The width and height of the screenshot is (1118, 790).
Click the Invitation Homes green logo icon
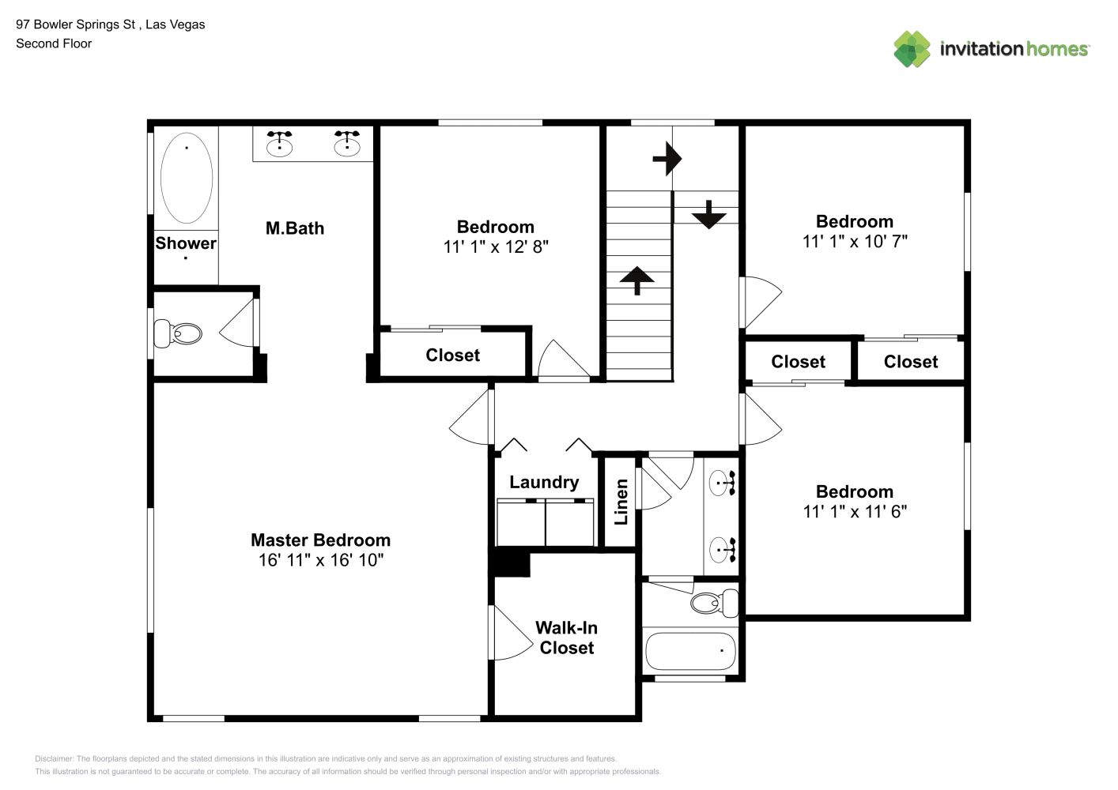coord(912,49)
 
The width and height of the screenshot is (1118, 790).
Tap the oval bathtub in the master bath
coord(187,178)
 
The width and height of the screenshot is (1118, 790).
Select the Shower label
coord(186,243)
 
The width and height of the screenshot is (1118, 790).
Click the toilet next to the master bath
coord(178,333)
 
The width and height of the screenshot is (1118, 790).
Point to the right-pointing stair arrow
coord(667,159)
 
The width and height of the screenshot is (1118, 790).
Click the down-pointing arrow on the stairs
coord(708,214)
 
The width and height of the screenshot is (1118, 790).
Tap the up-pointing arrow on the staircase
coord(636,280)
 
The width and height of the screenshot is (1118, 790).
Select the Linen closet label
coord(621,502)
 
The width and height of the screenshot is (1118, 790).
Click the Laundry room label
coord(544,482)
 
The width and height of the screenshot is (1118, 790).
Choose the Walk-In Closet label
coord(566,638)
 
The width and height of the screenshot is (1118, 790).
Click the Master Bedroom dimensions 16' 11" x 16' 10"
coord(321,559)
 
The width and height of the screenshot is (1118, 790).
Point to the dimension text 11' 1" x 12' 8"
coord(496,246)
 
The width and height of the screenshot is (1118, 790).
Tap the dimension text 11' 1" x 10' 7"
coord(855,242)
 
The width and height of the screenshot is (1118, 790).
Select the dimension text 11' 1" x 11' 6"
coord(855,511)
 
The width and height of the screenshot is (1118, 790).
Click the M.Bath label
coord(294,228)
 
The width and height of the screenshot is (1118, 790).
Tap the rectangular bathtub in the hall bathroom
coord(690,651)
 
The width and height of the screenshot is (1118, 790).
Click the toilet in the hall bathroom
coord(715,603)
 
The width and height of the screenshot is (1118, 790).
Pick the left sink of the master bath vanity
coord(280,144)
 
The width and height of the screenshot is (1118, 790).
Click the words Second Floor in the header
coord(54,43)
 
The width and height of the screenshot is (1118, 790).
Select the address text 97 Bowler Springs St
coord(75,24)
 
